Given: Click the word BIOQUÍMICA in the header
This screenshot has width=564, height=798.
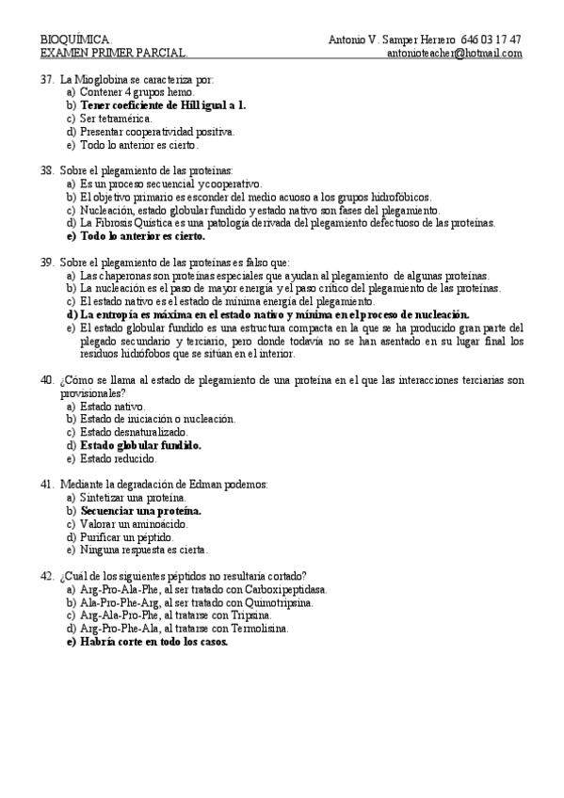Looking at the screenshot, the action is tap(75, 40).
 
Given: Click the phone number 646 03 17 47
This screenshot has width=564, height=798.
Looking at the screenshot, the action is tap(491, 40).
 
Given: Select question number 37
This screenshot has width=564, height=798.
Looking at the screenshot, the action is tap(47, 80).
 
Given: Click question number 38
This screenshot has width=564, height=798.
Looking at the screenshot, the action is tap(47, 171).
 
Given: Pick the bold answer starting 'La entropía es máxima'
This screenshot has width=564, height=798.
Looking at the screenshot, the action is tap(274, 314).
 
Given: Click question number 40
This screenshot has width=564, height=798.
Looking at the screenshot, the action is tap(47, 380).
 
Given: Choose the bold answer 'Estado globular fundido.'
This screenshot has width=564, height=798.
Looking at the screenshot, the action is tap(141, 445).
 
